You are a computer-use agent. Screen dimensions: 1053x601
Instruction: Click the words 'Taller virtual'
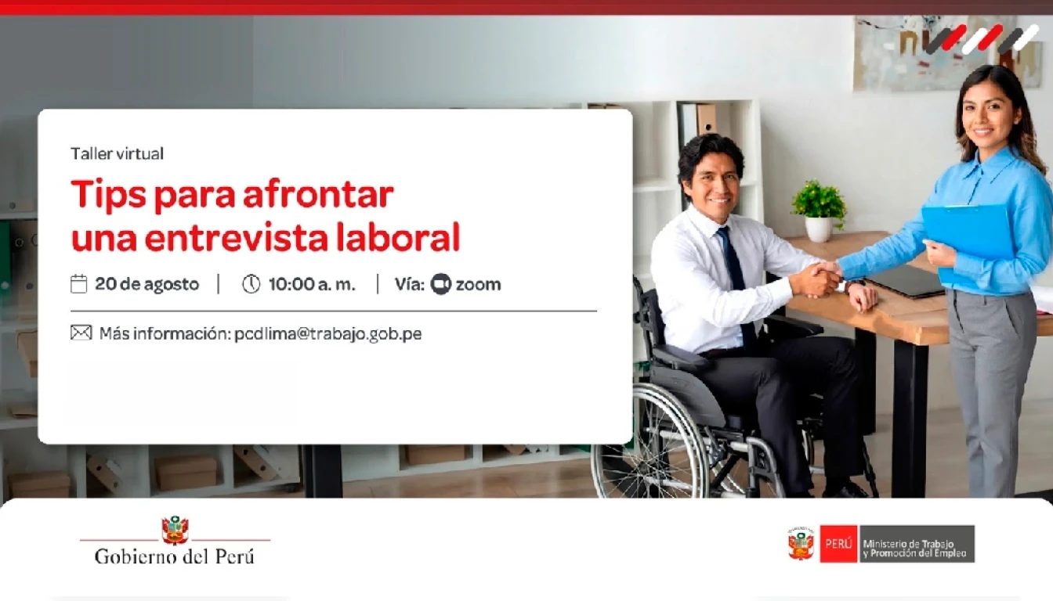(x=117, y=153)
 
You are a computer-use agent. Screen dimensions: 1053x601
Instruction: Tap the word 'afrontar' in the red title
(x=319, y=194)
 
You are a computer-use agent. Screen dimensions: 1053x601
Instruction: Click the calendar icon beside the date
(x=78, y=283)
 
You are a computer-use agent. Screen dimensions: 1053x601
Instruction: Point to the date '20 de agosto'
(x=147, y=284)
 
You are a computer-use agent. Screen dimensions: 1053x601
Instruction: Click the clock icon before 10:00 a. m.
(x=251, y=284)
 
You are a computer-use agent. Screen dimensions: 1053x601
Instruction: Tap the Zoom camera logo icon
(x=441, y=284)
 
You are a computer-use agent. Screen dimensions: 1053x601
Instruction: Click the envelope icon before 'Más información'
(x=81, y=333)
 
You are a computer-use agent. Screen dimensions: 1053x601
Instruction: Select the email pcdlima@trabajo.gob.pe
(x=328, y=334)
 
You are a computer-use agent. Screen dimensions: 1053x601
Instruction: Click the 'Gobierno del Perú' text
(x=175, y=556)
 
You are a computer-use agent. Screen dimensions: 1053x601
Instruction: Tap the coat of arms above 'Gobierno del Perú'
(x=175, y=530)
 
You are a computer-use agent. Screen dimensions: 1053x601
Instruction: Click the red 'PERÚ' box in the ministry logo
(x=838, y=544)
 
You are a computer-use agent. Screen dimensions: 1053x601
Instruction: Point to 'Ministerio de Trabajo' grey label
(x=917, y=544)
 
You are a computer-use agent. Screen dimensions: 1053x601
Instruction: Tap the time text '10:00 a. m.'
(x=312, y=284)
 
